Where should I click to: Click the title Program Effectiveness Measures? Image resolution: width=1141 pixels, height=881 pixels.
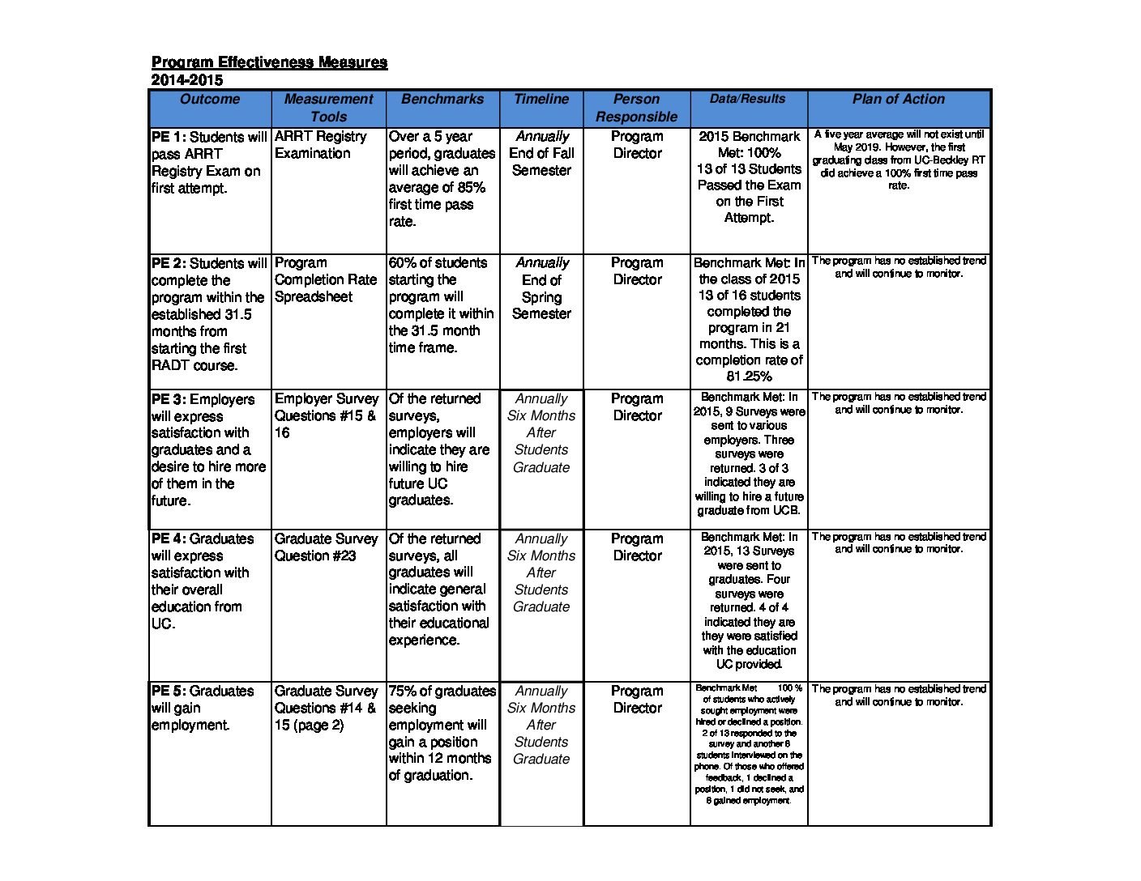click(x=269, y=62)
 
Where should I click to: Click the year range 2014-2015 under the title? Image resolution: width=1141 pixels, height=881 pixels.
click(x=186, y=80)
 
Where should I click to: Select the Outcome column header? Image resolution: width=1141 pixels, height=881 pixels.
click(x=210, y=100)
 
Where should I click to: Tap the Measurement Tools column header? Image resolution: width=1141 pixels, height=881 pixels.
click(x=328, y=108)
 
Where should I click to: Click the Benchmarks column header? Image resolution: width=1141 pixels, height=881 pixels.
click(x=442, y=100)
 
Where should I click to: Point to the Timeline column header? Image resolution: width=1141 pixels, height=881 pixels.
click(x=541, y=100)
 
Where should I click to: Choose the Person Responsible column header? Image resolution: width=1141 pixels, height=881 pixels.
click(x=636, y=108)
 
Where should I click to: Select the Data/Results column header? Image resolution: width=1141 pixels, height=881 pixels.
click(x=747, y=99)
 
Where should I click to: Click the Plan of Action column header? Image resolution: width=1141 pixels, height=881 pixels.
click(x=898, y=100)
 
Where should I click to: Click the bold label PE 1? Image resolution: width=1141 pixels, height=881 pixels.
click(x=169, y=137)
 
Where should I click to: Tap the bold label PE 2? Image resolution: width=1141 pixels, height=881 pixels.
click(x=169, y=263)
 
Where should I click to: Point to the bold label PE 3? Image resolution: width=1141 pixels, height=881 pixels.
click(x=169, y=399)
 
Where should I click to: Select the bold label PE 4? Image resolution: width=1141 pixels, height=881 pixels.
click(x=169, y=538)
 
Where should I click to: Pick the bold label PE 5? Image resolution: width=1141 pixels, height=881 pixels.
click(x=169, y=691)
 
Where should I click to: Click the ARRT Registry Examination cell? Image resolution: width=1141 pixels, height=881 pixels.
click(x=320, y=145)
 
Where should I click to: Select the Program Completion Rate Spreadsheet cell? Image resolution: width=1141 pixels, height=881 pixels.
click(x=326, y=279)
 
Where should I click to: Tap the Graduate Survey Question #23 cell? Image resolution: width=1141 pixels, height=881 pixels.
click(x=326, y=547)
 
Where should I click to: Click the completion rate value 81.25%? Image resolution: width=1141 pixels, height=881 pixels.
click(x=749, y=377)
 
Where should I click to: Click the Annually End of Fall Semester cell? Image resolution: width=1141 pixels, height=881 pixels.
click(x=541, y=153)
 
